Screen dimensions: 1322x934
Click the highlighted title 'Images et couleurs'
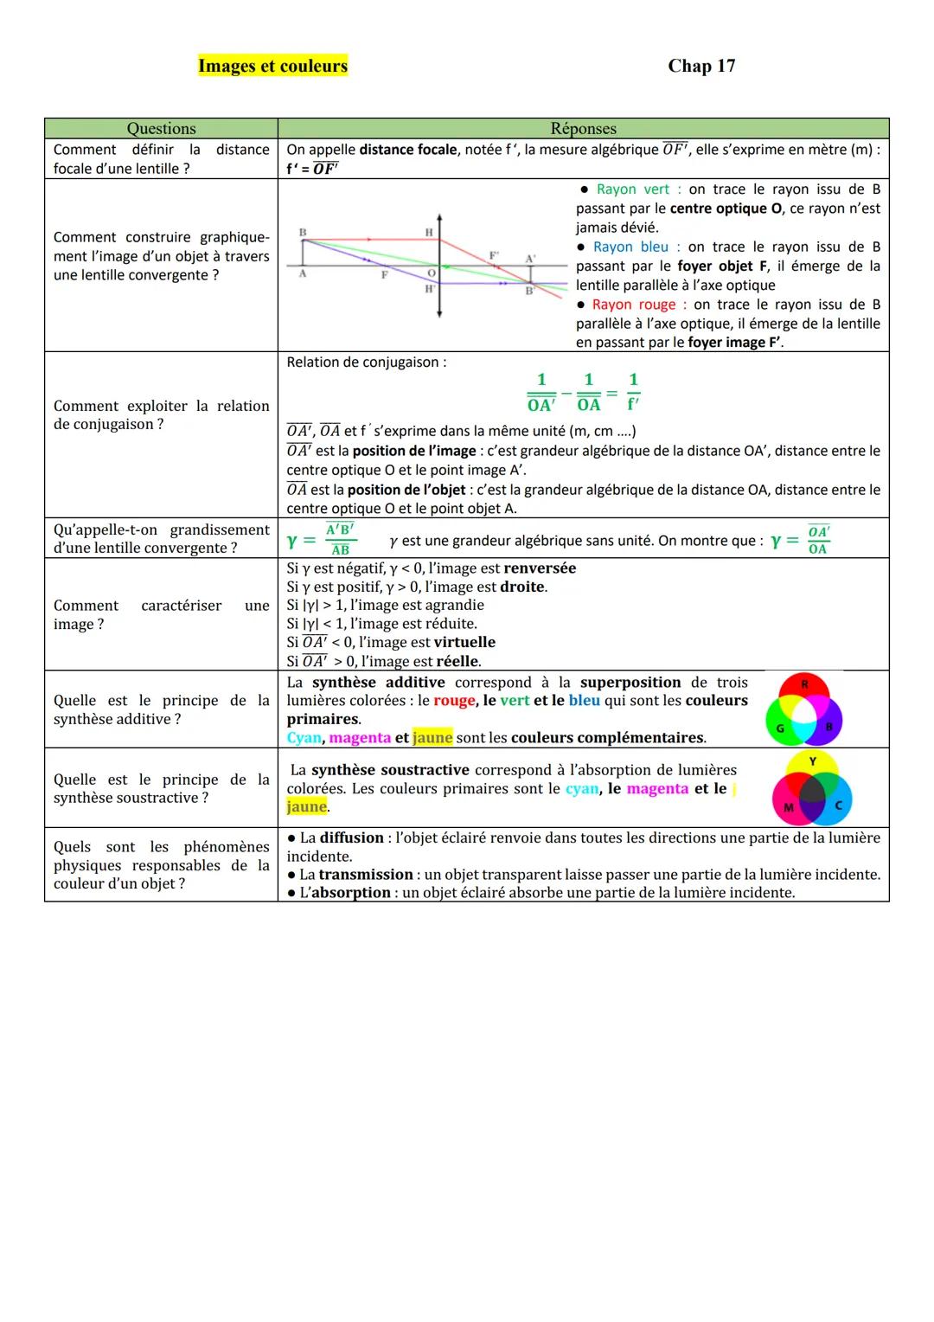pos(272,66)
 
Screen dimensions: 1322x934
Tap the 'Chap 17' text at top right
pos(701,66)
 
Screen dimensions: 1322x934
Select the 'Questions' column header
pos(161,129)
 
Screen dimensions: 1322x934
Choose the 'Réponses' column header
pos(583,129)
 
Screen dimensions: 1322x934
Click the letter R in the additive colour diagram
pos(804,684)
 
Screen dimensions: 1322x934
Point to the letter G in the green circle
pos(779,728)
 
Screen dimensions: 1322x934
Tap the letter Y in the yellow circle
pos(812,761)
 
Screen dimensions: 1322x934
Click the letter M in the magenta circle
pos(788,807)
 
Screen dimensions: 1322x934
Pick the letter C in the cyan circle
pos(838,806)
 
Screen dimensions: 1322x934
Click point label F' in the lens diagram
pos(494,255)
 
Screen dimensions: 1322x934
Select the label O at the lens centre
pos(431,273)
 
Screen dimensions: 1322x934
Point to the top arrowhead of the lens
pos(439,217)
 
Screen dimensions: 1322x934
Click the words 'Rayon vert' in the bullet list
pos(633,189)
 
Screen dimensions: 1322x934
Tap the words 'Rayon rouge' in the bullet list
pos(634,305)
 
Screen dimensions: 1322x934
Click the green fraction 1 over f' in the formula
pos(633,392)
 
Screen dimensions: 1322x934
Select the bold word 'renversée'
pos(540,568)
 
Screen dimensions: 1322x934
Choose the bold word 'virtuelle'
pos(464,642)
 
